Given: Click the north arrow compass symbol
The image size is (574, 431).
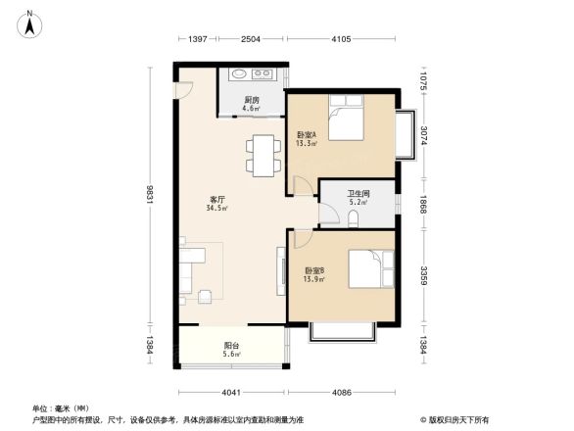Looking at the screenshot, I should [x=29, y=22].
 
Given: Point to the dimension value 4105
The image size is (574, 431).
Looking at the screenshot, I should [x=341, y=38].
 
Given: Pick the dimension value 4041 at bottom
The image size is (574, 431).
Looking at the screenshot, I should [x=230, y=393].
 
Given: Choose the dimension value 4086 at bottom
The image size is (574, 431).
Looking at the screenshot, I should [x=340, y=393].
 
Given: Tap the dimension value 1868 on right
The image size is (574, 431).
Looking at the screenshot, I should [x=424, y=203].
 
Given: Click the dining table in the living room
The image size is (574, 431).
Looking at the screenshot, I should [x=262, y=155].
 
